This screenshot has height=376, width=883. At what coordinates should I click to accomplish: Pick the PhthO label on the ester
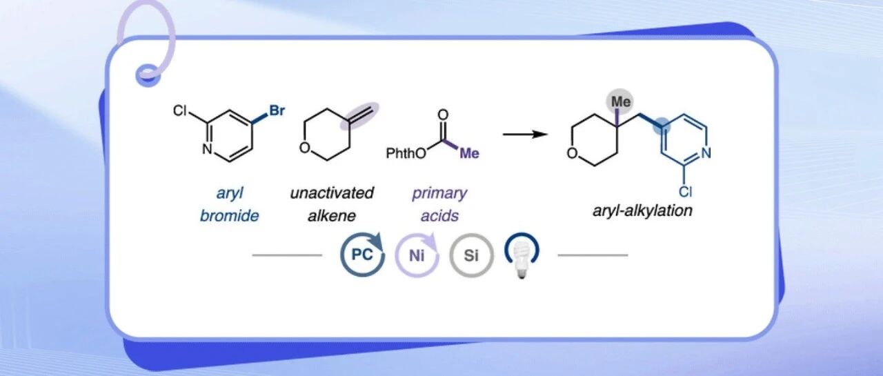coord(405,152)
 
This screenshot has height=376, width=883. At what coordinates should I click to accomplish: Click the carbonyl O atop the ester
coord(443,114)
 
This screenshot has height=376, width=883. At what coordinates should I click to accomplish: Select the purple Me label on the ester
coord(469,153)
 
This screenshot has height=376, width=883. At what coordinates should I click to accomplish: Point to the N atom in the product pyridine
coord(705,153)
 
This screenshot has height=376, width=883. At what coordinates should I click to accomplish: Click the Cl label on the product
coord(685,192)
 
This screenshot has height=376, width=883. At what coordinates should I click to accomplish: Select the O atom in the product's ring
coord(573,152)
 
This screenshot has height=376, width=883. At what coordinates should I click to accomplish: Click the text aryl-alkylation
coord(642,210)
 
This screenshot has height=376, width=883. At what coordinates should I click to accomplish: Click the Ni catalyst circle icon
coord(416,256)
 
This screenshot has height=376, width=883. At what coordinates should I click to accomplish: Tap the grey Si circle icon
coord(471,256)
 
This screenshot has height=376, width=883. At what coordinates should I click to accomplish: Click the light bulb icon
coord(522,257)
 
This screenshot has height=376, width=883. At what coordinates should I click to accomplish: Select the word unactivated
coord(332,192)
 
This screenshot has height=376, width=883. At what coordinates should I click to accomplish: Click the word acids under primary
coord(439,215)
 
